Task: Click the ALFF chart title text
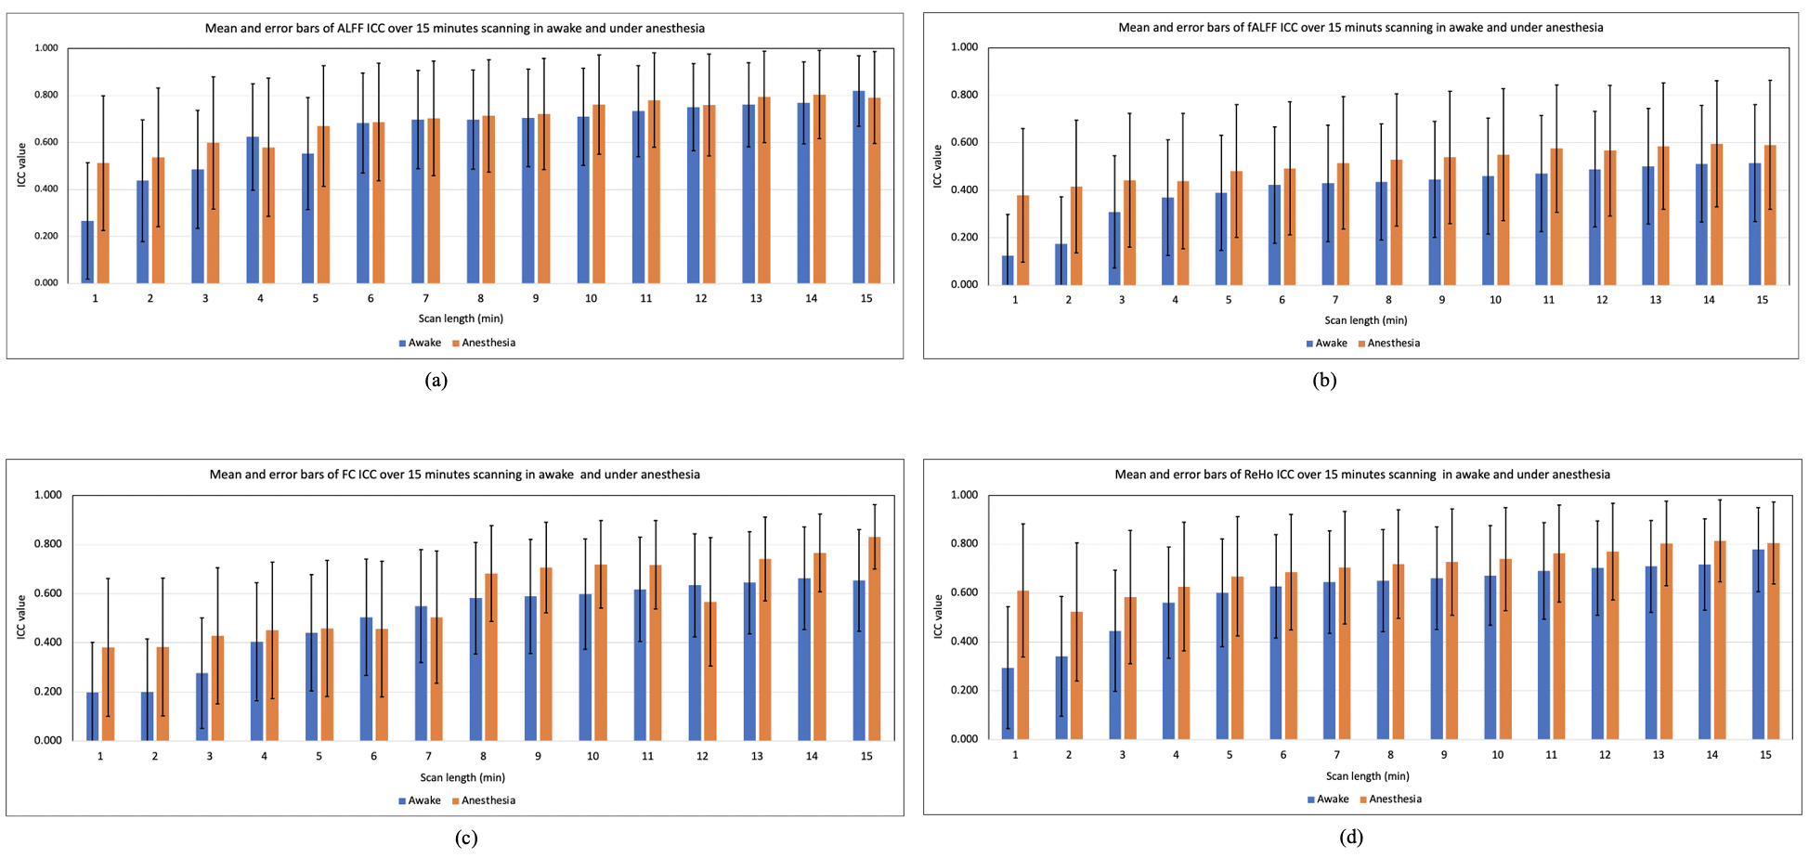click(x=454, y=28)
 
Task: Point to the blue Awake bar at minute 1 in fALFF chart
click(x=1008, y=270)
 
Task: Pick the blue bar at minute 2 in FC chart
click(x=147, y=716)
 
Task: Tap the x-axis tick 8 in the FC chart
click(x=483, y=756)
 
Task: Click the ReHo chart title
click(x=1362, y=474)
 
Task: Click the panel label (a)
click(x=436, y=380)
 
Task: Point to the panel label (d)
click(x=1351, y=838)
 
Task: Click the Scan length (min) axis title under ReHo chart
click(x=1367, y=775)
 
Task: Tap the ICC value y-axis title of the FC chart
click(x=21, y=617)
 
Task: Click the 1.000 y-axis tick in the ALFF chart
click(x=46, y=47)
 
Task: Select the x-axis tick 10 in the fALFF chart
click(x=1495, y=300)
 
